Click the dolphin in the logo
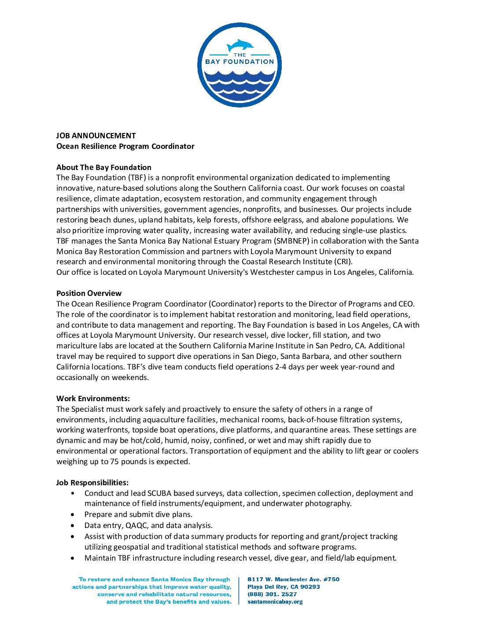(240, 45)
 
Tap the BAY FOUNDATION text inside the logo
(239, 62)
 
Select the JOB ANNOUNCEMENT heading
(96, 136)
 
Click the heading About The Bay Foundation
(104, 167)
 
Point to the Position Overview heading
(89, 293)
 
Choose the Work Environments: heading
(93, 399)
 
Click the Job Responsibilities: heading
(92, 483)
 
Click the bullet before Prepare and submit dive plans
(73, 514)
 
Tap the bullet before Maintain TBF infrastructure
(73, 558)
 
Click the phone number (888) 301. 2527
(272, 594)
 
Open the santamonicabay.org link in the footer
(275, 602)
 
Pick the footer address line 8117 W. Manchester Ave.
(293, 579)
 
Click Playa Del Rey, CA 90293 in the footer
(284, 587)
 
